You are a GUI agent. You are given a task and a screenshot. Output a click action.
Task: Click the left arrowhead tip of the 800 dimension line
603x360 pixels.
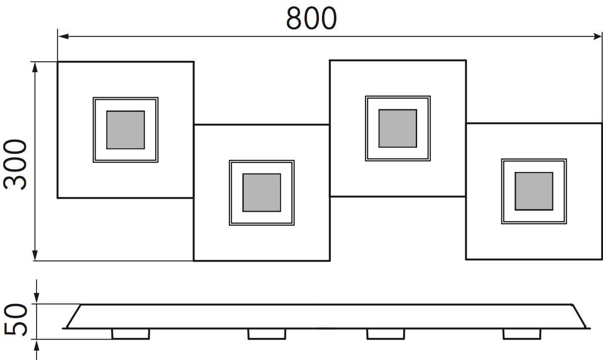58,36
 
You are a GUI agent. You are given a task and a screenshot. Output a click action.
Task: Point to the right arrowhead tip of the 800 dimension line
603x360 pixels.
601,36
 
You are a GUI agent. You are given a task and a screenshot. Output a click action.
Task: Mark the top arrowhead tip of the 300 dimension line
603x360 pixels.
35,62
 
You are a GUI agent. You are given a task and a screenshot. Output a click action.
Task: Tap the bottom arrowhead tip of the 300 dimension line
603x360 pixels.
35,260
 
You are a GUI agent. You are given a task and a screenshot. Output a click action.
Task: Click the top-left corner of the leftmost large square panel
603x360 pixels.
57,62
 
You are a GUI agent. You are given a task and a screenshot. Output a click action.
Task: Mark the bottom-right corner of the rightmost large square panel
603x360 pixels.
602,259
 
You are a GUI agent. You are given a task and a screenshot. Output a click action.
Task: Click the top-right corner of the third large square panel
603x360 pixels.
466,60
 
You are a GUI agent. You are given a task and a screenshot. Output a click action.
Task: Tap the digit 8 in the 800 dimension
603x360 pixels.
294,18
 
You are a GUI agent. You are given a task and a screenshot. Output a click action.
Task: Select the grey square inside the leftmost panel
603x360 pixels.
125,130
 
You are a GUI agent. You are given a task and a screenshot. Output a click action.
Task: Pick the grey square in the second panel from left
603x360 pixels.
262,193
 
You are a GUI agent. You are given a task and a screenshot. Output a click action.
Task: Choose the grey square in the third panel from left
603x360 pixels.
398,128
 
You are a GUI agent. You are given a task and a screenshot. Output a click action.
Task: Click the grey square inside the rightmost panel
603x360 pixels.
534,191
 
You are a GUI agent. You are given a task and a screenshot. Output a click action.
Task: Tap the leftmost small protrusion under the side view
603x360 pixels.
131,334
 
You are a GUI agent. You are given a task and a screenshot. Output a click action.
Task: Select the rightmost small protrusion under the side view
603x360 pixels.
522,334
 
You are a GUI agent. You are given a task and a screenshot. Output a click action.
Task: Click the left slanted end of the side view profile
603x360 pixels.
74,316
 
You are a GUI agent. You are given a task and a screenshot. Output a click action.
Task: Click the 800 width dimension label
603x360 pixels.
311,18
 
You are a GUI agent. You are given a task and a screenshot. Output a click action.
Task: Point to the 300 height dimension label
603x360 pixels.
15,164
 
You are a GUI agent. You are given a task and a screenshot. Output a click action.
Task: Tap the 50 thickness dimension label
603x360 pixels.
16,320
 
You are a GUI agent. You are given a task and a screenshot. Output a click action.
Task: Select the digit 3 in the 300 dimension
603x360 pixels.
15,182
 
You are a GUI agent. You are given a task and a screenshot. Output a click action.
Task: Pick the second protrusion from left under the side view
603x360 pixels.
267,334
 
